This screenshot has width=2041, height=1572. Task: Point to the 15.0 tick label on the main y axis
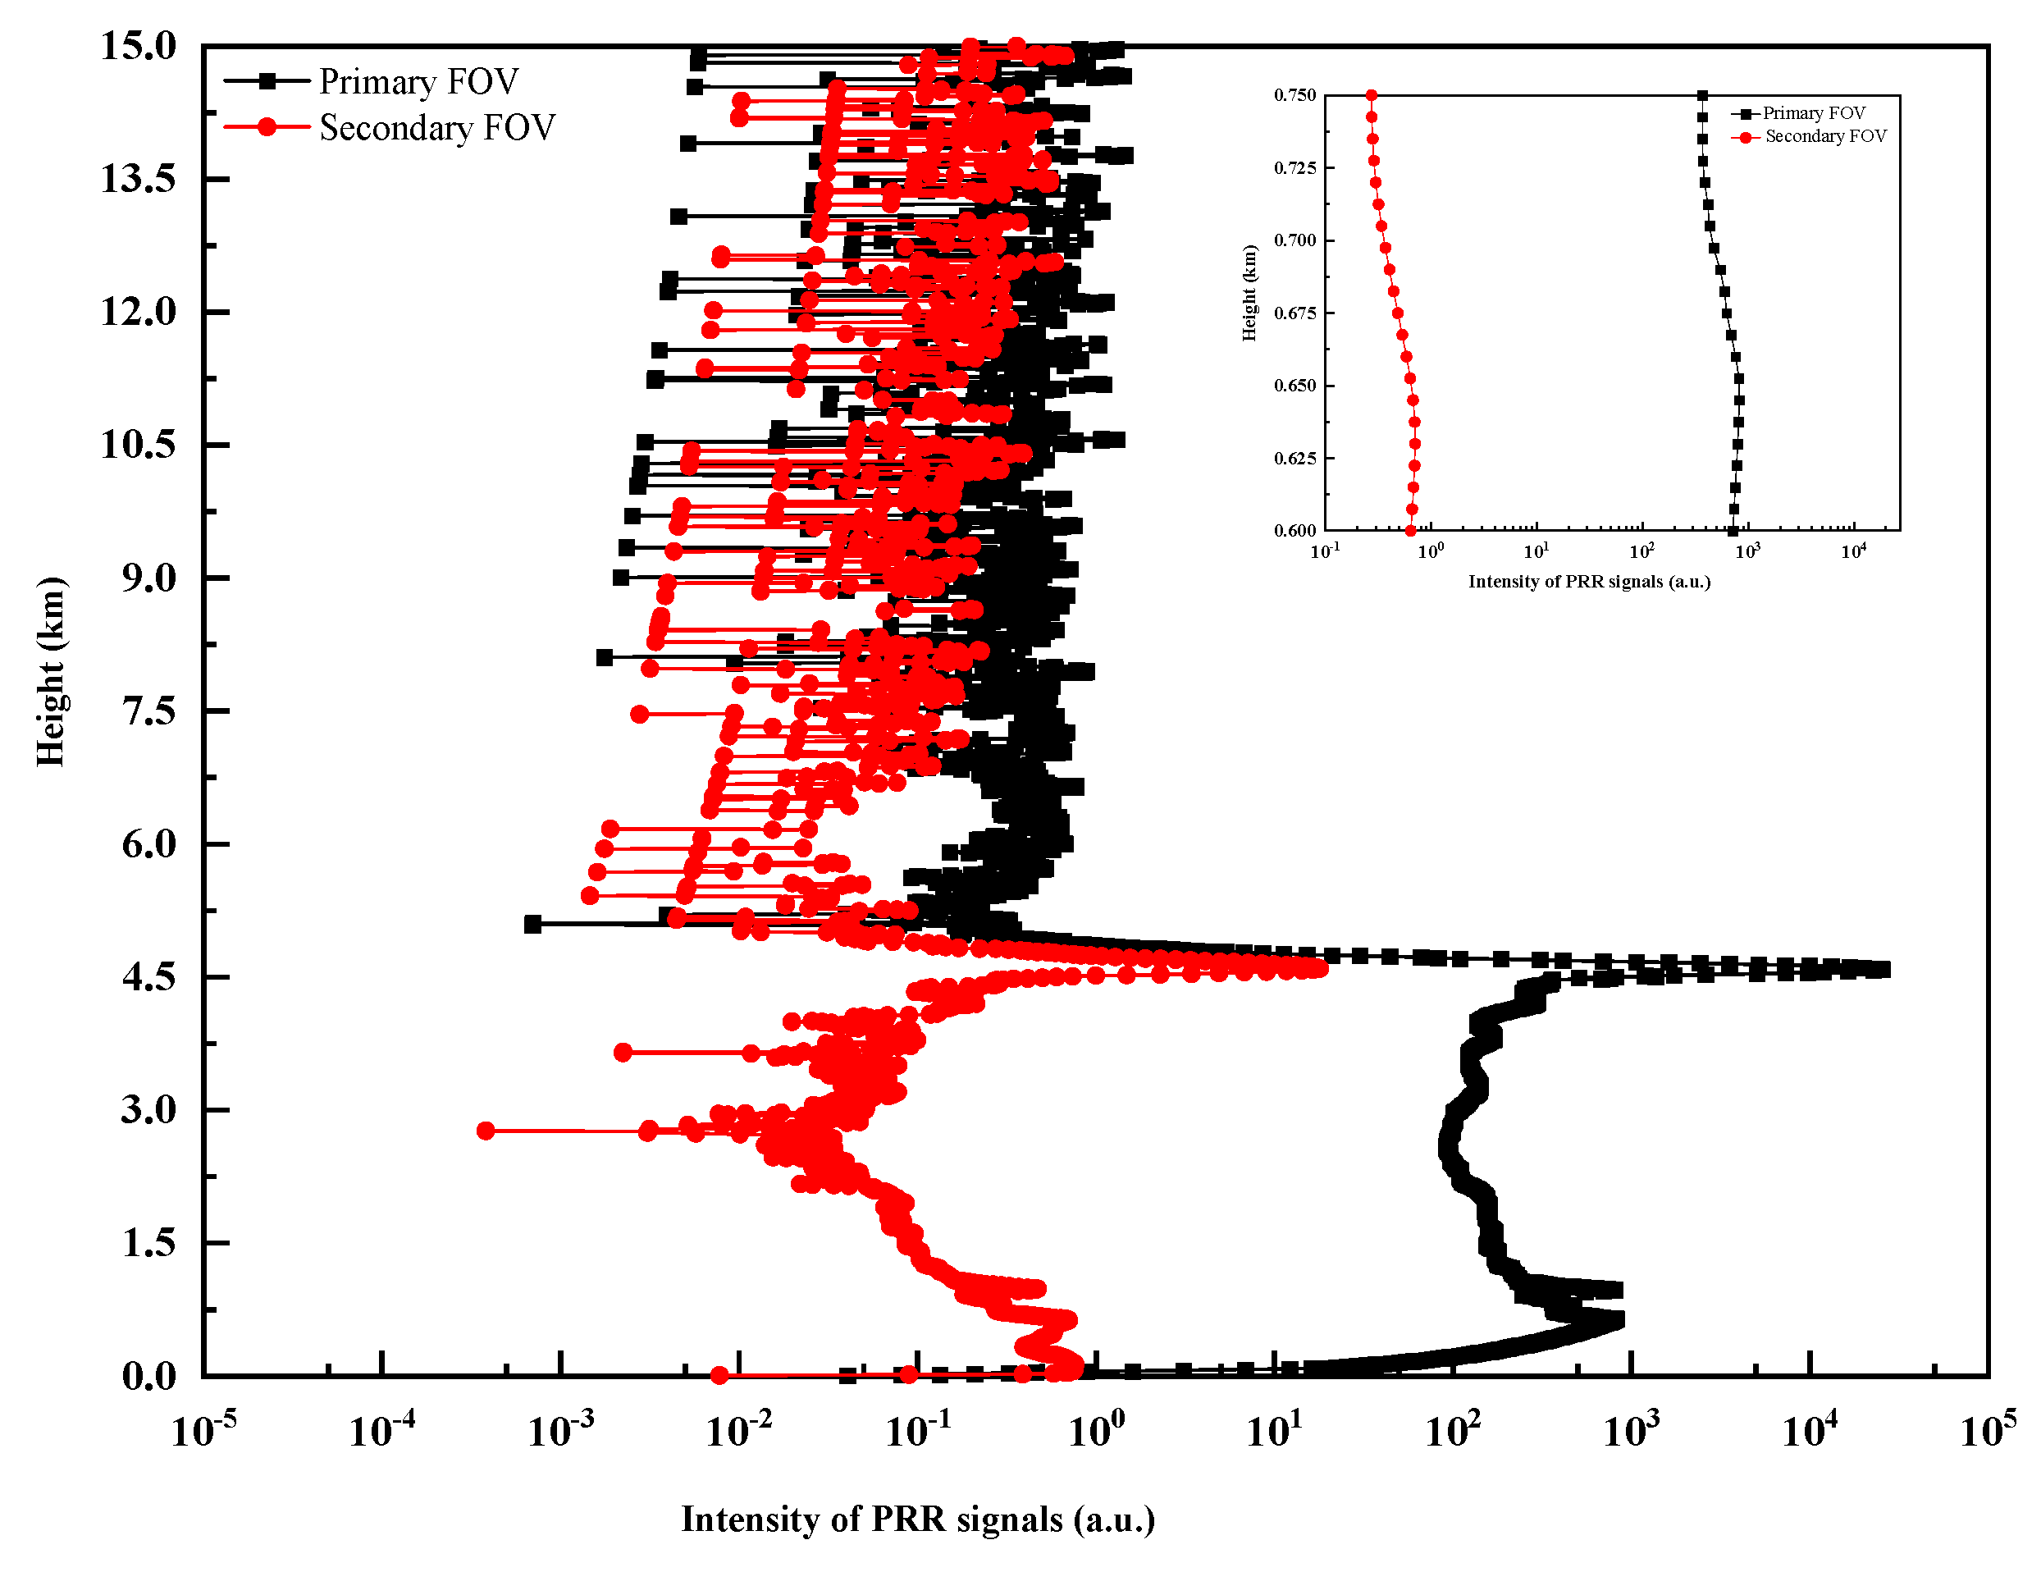pyautogui.click(x=139, y=46)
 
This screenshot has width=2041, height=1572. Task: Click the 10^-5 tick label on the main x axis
pyautogui.click(x=203, y=1430)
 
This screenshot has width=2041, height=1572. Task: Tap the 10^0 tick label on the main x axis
pyautogui.click(x=1095, y=1430)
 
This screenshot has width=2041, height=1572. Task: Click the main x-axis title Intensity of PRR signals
pyautogui.click(x=918, y=1519)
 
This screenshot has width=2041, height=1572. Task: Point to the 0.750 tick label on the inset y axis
pyautogui.click(x=1294, y=95)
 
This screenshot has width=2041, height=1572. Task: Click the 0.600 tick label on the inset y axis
pyautogui.click(x=1294, y=531)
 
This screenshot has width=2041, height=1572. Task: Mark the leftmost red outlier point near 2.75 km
pyautogui.click(x=485, y=1131)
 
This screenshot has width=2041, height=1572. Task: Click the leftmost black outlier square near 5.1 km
pyautogui.click(x=532, y=925)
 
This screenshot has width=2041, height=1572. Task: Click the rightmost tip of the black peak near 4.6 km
pyautogui.click(x=1882, y=970)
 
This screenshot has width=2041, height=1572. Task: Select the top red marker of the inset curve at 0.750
pyautogui.click(x=1371, y=95)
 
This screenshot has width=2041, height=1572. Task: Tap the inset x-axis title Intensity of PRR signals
pyautogui.click(x=1589, y=583)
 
